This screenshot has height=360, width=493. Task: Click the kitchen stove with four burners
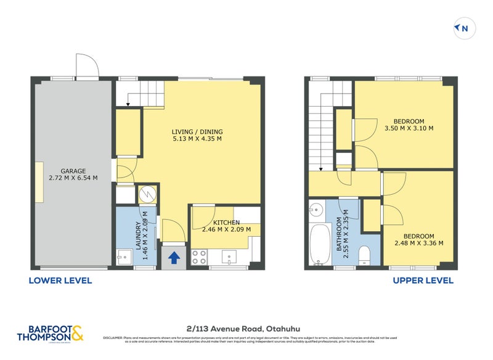tap(199, 257)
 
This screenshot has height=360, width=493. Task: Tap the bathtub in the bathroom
tap(321, 245)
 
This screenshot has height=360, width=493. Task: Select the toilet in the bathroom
tap(364, 254)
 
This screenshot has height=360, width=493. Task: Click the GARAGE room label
tap(73, 171)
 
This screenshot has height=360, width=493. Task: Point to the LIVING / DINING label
tap(197, 131)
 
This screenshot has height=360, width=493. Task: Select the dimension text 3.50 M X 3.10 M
tap(409, 128)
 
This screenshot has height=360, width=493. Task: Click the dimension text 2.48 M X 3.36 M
tap(418, 243)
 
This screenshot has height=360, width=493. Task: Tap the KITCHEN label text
tap(227, 222)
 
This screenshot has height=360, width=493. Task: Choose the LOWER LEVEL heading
tap(60, 280)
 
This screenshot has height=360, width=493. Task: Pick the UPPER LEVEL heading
tap(423, 280)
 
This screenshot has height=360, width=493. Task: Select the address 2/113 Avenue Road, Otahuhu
tap(246, 328)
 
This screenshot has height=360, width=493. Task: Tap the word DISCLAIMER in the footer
tap(113, 338)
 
